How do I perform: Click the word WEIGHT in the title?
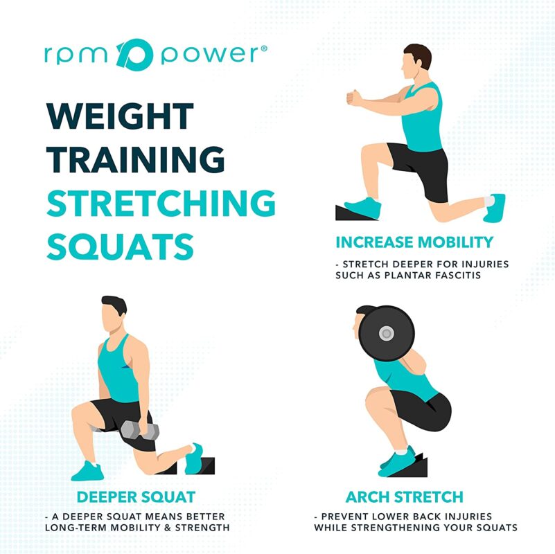click(x=120, y=116)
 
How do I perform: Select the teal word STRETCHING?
click(x=161, y=202)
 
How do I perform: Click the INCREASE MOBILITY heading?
click(x=414, y=242)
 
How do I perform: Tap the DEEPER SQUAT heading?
click(x=136, y=497)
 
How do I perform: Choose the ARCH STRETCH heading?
click(x=405, y=497)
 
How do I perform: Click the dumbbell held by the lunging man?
click(x=139, y=431)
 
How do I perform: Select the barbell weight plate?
click(x=386, y=333)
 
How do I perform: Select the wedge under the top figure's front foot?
click(x=351, y=211)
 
